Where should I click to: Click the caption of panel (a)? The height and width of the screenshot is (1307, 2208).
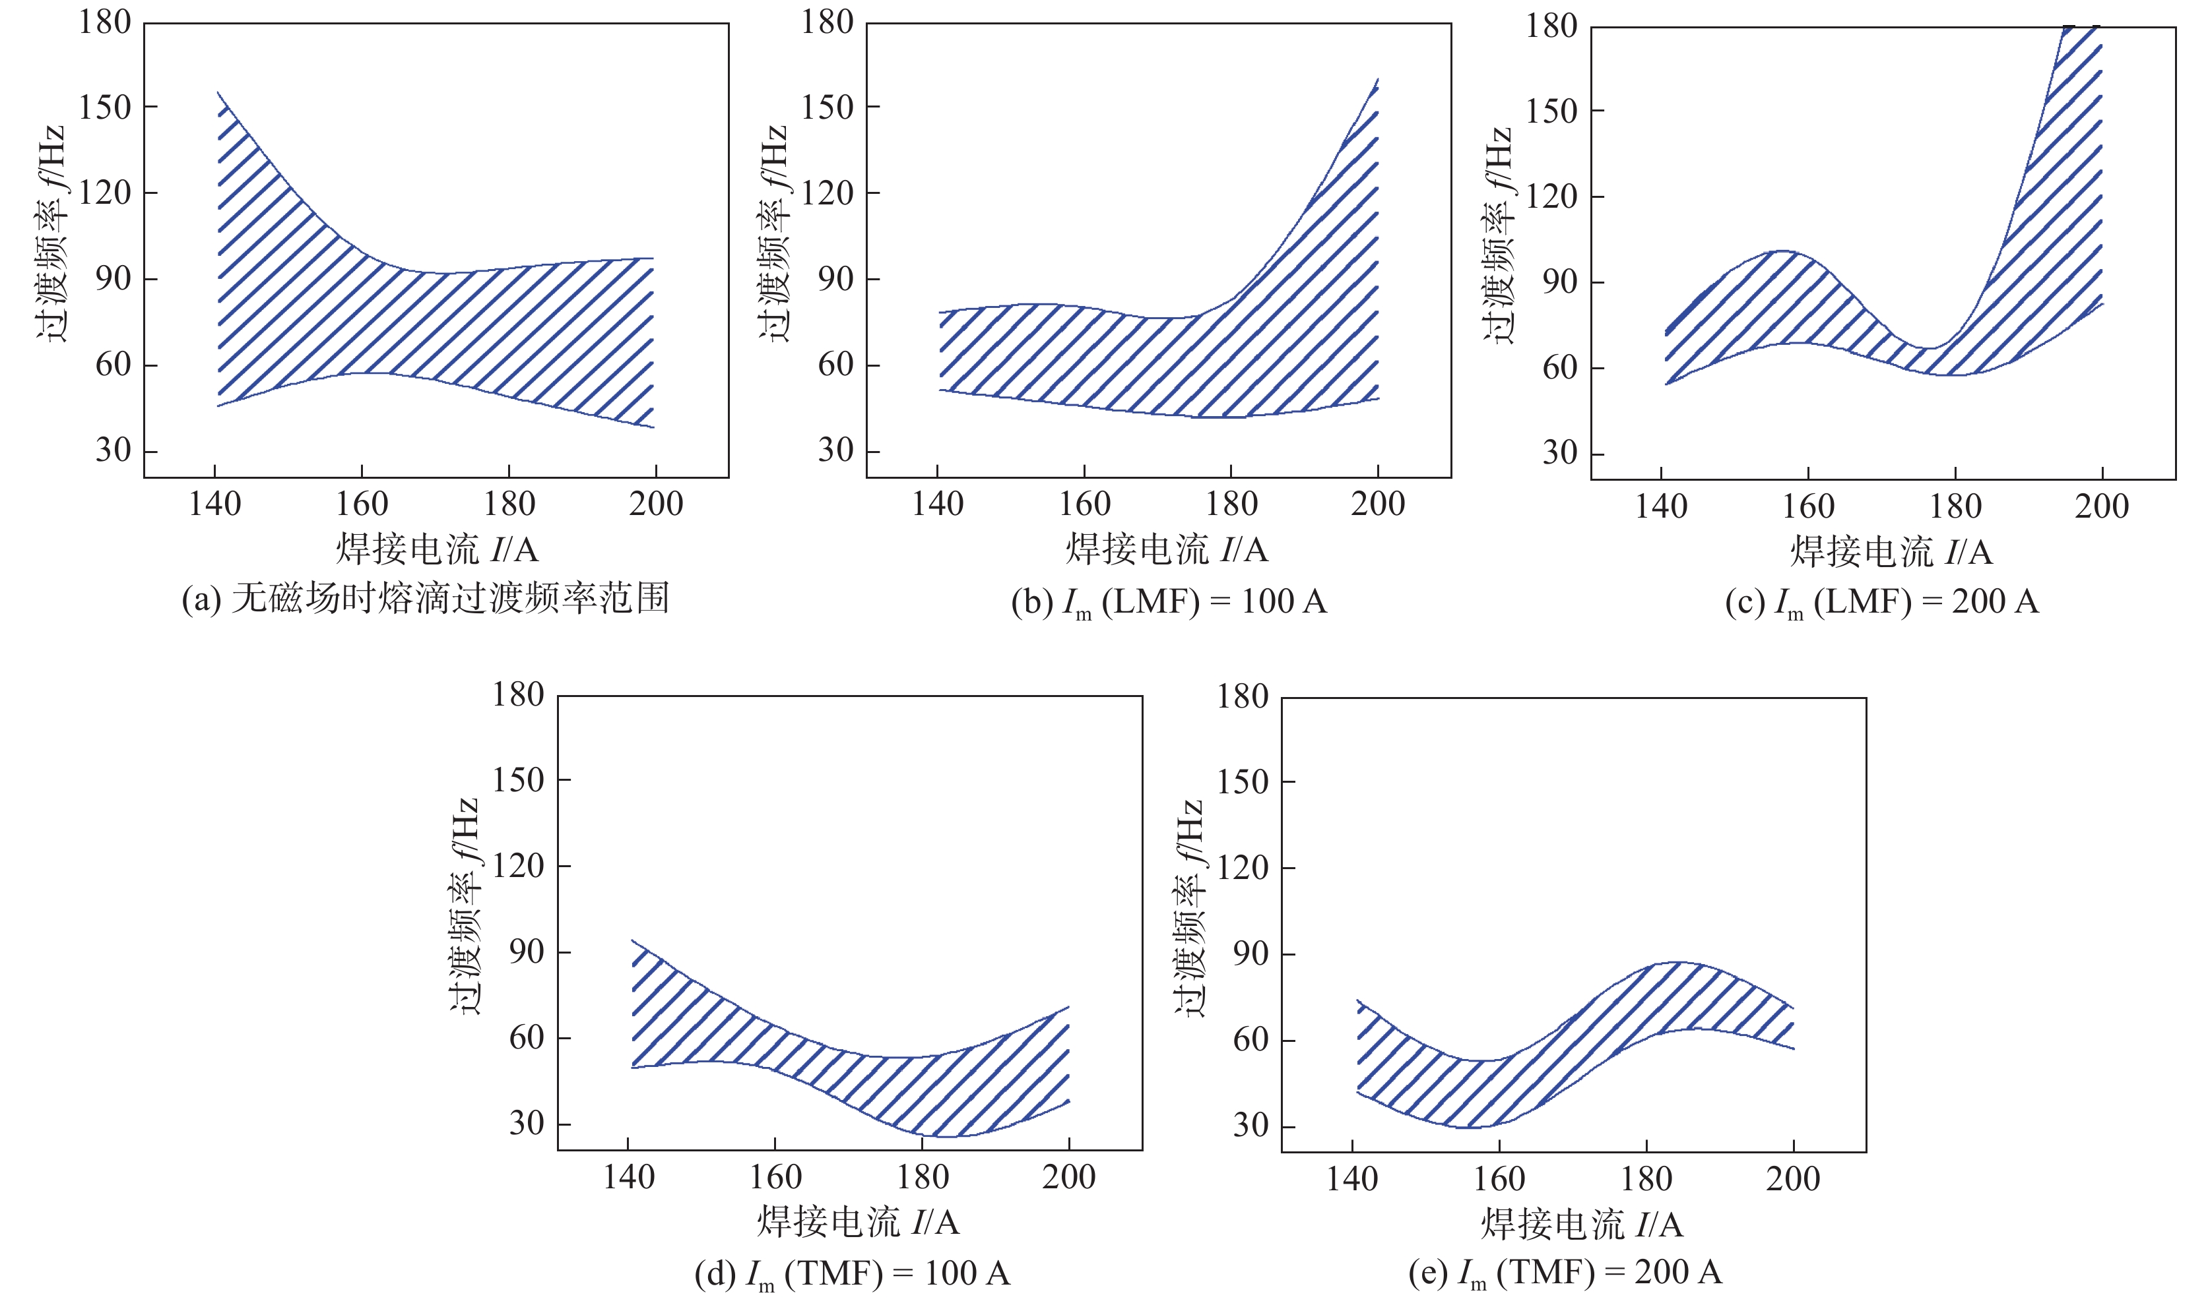pyautogui.click(x=426, y=598)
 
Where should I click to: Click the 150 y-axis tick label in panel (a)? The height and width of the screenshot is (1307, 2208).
pyautogui.click(x=105, y=107)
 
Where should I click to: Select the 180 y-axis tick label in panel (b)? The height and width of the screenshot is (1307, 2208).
pyautogui.click(x=826, y=22)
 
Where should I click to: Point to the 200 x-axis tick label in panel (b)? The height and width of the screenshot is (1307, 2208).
pyautogui.click(x=1377, y=504)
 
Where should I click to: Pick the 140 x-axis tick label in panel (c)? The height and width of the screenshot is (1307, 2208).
pyautogui.click(x=1661, y=506)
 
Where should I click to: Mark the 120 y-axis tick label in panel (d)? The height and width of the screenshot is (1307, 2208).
pyautogui.click(x=518, y=866)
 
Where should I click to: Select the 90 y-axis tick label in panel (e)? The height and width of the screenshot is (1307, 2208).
pyautogui.click(x=1251, y=954)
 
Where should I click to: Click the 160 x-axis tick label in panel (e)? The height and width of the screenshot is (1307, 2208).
pyautogui.click(x=1499, y=1178)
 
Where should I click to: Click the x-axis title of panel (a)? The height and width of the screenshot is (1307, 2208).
pyautogui.click(x=436, y=549)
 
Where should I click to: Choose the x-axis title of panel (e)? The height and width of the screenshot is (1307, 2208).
pyautogui.click(x=1582, y=1224)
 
